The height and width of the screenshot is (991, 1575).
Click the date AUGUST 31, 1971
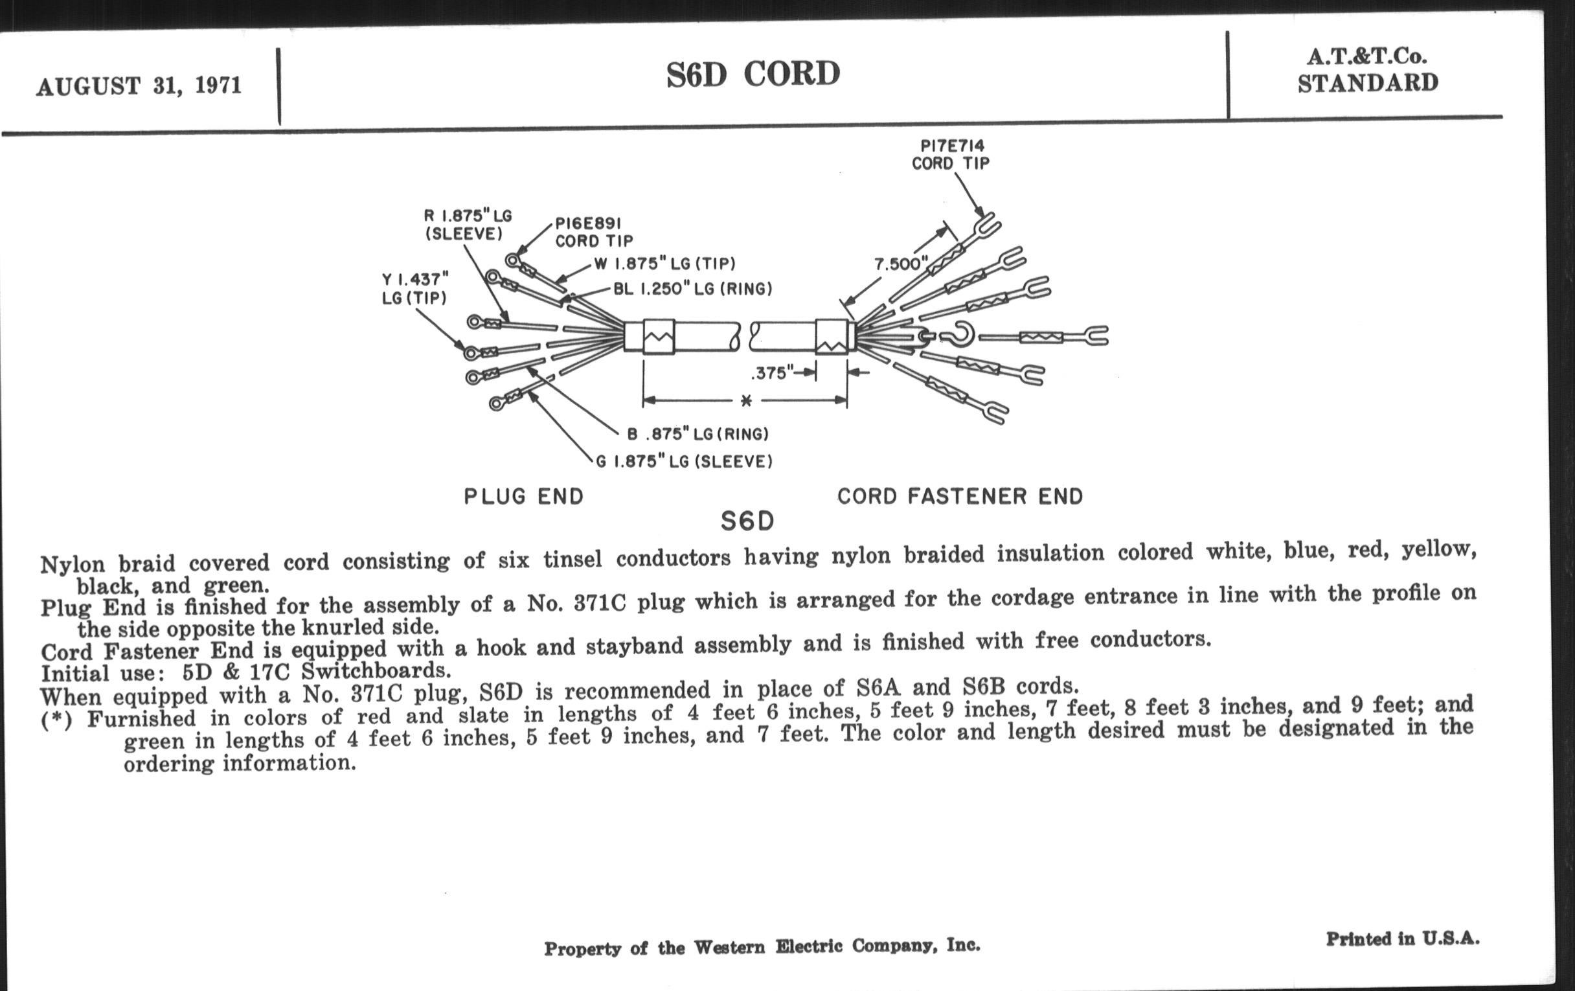[x=139, y=85]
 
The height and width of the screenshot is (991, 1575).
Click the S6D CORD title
[x=753, y=74]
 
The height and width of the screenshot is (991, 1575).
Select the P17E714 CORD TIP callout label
[x=951, y=154]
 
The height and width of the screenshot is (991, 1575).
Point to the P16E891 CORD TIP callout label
[x=594, y=233]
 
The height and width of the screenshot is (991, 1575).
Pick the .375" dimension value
[x=773, y=374]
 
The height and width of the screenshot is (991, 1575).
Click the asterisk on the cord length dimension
[x=745, y=401]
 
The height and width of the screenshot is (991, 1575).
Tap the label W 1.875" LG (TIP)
[x=664, y=264]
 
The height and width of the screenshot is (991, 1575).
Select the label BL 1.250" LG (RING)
[x=692, y=289]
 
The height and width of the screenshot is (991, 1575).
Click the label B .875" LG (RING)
[x=697, y=434]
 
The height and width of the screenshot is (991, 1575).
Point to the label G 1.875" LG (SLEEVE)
[x=684, y=462]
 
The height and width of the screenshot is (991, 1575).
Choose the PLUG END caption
[x=523, y=497]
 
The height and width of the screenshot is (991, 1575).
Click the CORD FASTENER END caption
[x=960, y=497]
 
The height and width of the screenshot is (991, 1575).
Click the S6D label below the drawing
[x=747, y=521]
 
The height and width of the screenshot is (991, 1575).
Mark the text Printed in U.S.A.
[x=1402, y=939]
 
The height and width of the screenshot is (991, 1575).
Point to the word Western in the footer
[x=729, y=947]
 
